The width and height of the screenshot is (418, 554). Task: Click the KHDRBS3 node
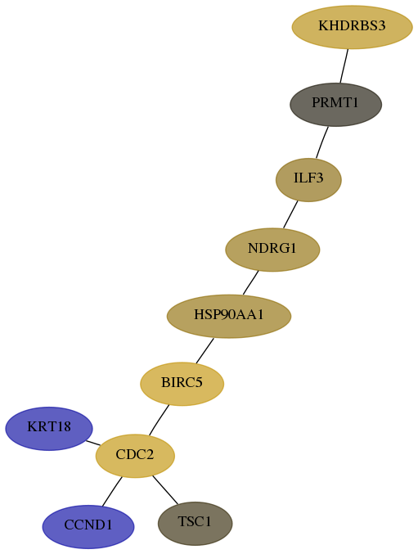[352, 27]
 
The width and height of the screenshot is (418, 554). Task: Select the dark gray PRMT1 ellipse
[335, 105]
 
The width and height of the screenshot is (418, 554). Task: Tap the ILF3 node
[308, 180]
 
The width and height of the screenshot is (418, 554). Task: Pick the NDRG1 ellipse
[272, 250]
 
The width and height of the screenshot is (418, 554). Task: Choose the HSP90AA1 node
[229, 316]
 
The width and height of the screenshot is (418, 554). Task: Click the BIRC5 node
[182, 384]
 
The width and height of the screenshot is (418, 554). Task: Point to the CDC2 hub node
[135, 456]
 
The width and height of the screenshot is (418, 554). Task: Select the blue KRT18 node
[49, 429]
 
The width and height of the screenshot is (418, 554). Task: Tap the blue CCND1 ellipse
[88, 527]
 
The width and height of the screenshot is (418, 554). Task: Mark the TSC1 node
[195, 523]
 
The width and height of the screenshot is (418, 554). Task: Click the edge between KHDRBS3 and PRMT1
[344, 66]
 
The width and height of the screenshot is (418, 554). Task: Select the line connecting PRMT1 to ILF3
[322, 142]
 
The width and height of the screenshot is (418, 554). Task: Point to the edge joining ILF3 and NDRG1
[290, 215]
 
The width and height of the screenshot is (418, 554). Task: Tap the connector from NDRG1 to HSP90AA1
[250, 282]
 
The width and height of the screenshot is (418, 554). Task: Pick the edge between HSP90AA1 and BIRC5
[205, 351]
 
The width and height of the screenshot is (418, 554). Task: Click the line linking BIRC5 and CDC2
[159, 420]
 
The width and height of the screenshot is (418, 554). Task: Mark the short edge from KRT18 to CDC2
[93, 443]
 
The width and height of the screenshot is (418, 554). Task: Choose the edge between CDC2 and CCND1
[112, 492]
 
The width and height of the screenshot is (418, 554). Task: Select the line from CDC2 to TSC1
[165, 489]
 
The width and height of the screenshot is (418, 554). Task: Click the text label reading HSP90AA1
[229, 315]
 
